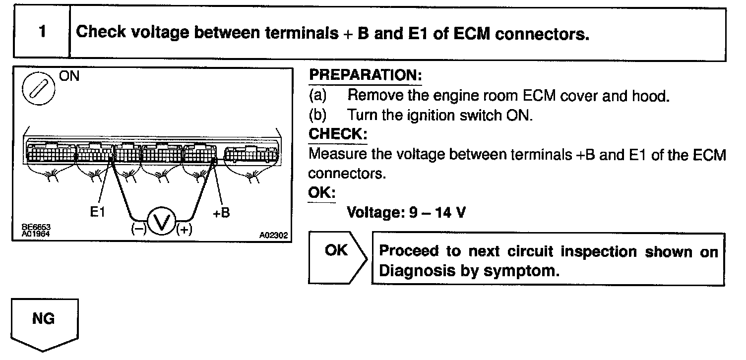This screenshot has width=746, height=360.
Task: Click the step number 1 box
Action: click(x=43, y=33)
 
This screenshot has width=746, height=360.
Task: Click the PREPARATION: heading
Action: click(x=365, y=75)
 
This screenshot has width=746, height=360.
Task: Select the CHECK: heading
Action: click(x=338, y=134)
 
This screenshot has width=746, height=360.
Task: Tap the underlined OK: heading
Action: click(x=321, y=192)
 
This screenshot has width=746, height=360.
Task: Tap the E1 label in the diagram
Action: click(x=98, y=212)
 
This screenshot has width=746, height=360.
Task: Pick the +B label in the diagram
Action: click(x=221, y=212)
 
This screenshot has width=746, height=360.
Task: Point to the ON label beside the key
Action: click(x=69, y=76)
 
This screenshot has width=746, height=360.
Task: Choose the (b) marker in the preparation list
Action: click(x=317, y=115)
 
